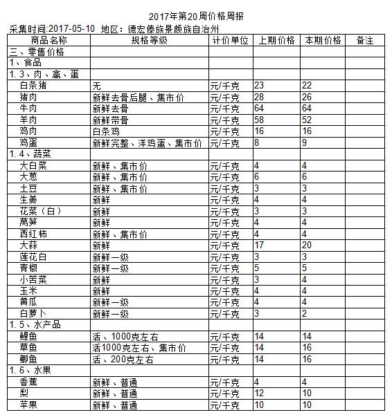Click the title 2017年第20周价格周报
pyautogui.click(x=196, y=15)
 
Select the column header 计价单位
pyautogui.click(x=230, y=41)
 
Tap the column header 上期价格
pyautogui.click(x=276, y=41)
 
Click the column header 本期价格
pyautogui.click(x=322, y=41)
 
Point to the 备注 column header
pyautogui.click(x=364, y=41)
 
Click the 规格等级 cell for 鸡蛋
pyautogui.click(x=148, y=144)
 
